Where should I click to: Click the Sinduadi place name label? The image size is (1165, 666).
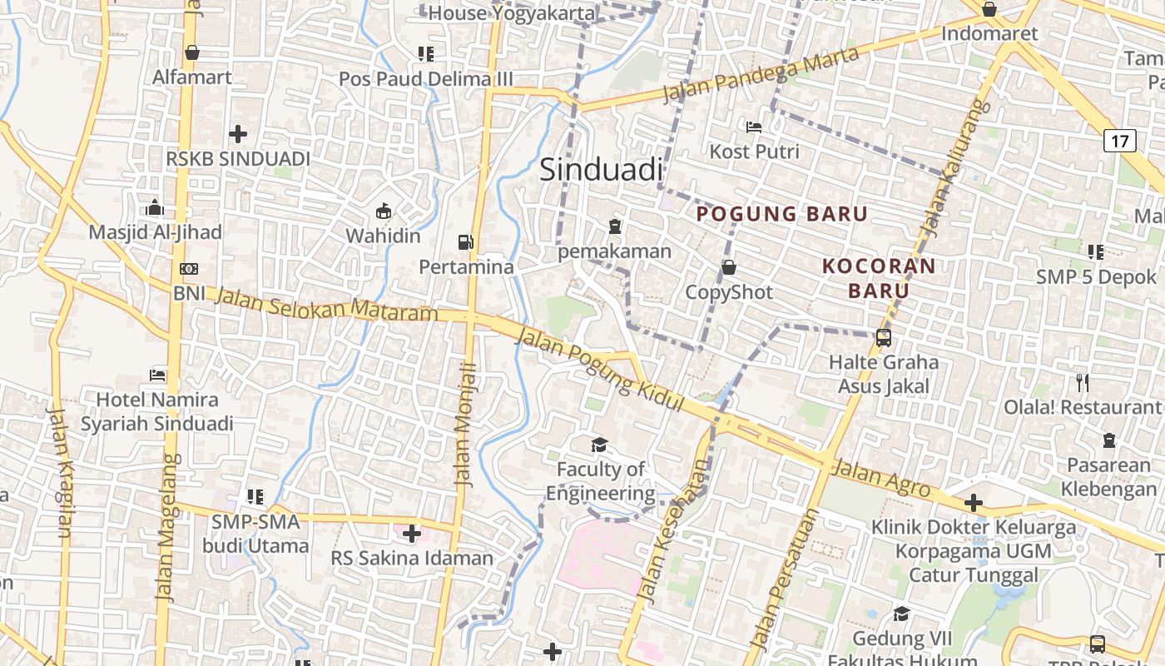(601, 170)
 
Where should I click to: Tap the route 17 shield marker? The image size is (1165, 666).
(1120, 141)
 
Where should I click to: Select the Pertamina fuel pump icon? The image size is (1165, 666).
(465, 242)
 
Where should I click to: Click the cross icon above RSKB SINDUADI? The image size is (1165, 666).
(238, 133)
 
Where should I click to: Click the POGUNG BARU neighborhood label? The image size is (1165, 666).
(781, 214)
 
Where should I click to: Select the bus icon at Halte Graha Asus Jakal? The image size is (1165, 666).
(884, 338)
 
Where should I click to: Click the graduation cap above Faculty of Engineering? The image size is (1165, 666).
(599, 445)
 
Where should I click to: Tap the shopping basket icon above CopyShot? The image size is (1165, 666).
(728, 267)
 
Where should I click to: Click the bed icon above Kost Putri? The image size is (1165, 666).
(754, 127)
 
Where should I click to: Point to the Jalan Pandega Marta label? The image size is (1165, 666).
(760, 74)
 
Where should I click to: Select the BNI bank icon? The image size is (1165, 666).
(189, 269)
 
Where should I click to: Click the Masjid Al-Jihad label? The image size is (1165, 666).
(155, 232)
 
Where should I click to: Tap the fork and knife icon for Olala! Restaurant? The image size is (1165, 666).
(1082, 383)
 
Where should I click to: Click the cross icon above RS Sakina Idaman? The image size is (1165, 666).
(411, 533)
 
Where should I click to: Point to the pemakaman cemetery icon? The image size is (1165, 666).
(614, 226)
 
